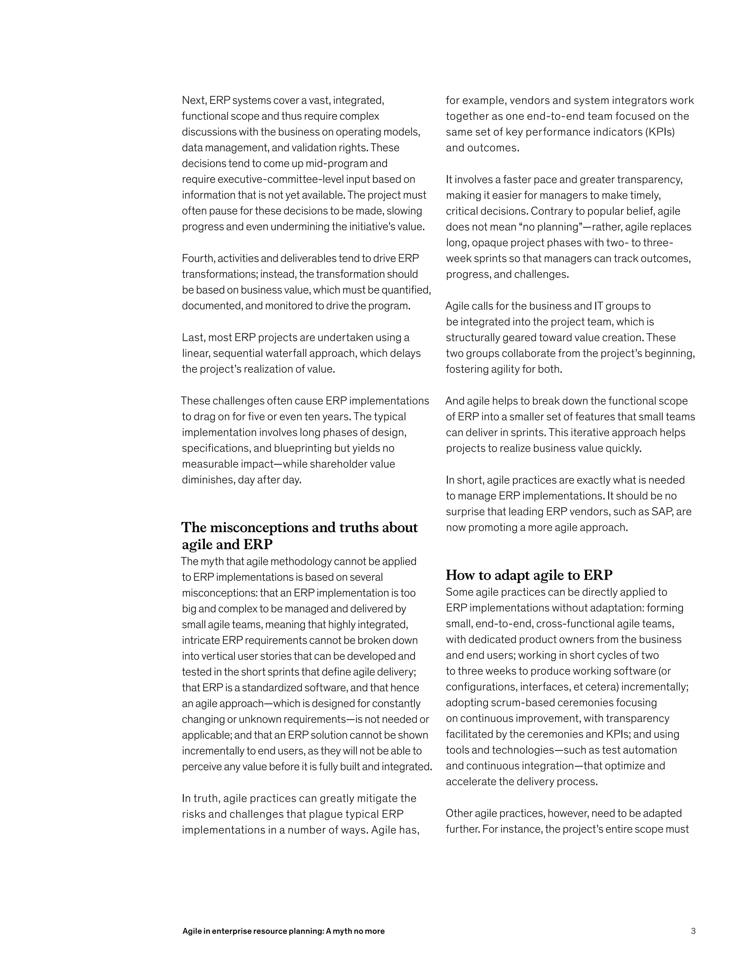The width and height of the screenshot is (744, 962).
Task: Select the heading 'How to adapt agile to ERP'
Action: [529, 575]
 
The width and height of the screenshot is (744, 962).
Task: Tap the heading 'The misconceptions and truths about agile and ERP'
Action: [299, 535]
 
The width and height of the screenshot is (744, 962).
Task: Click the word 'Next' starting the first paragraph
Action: [194, 101]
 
